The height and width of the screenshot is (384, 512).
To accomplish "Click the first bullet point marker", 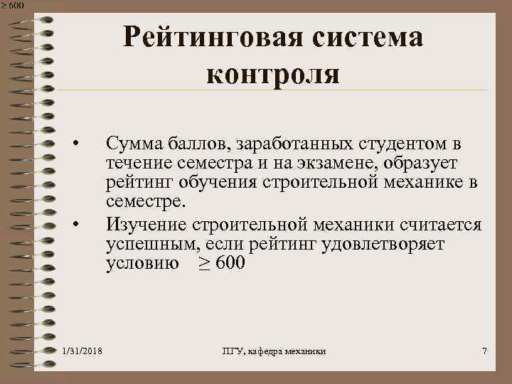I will coord(82,145).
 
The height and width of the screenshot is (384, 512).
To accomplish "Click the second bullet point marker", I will coord(82,225).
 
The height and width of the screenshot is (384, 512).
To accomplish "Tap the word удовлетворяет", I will coord(385,245).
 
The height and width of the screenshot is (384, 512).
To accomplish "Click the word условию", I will coord(139,265).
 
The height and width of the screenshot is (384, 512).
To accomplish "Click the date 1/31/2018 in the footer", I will coord(82,352).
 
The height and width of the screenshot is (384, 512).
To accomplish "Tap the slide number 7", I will coord(484,352).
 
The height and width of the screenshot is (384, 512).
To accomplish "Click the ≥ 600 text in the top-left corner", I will coord(12,5).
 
